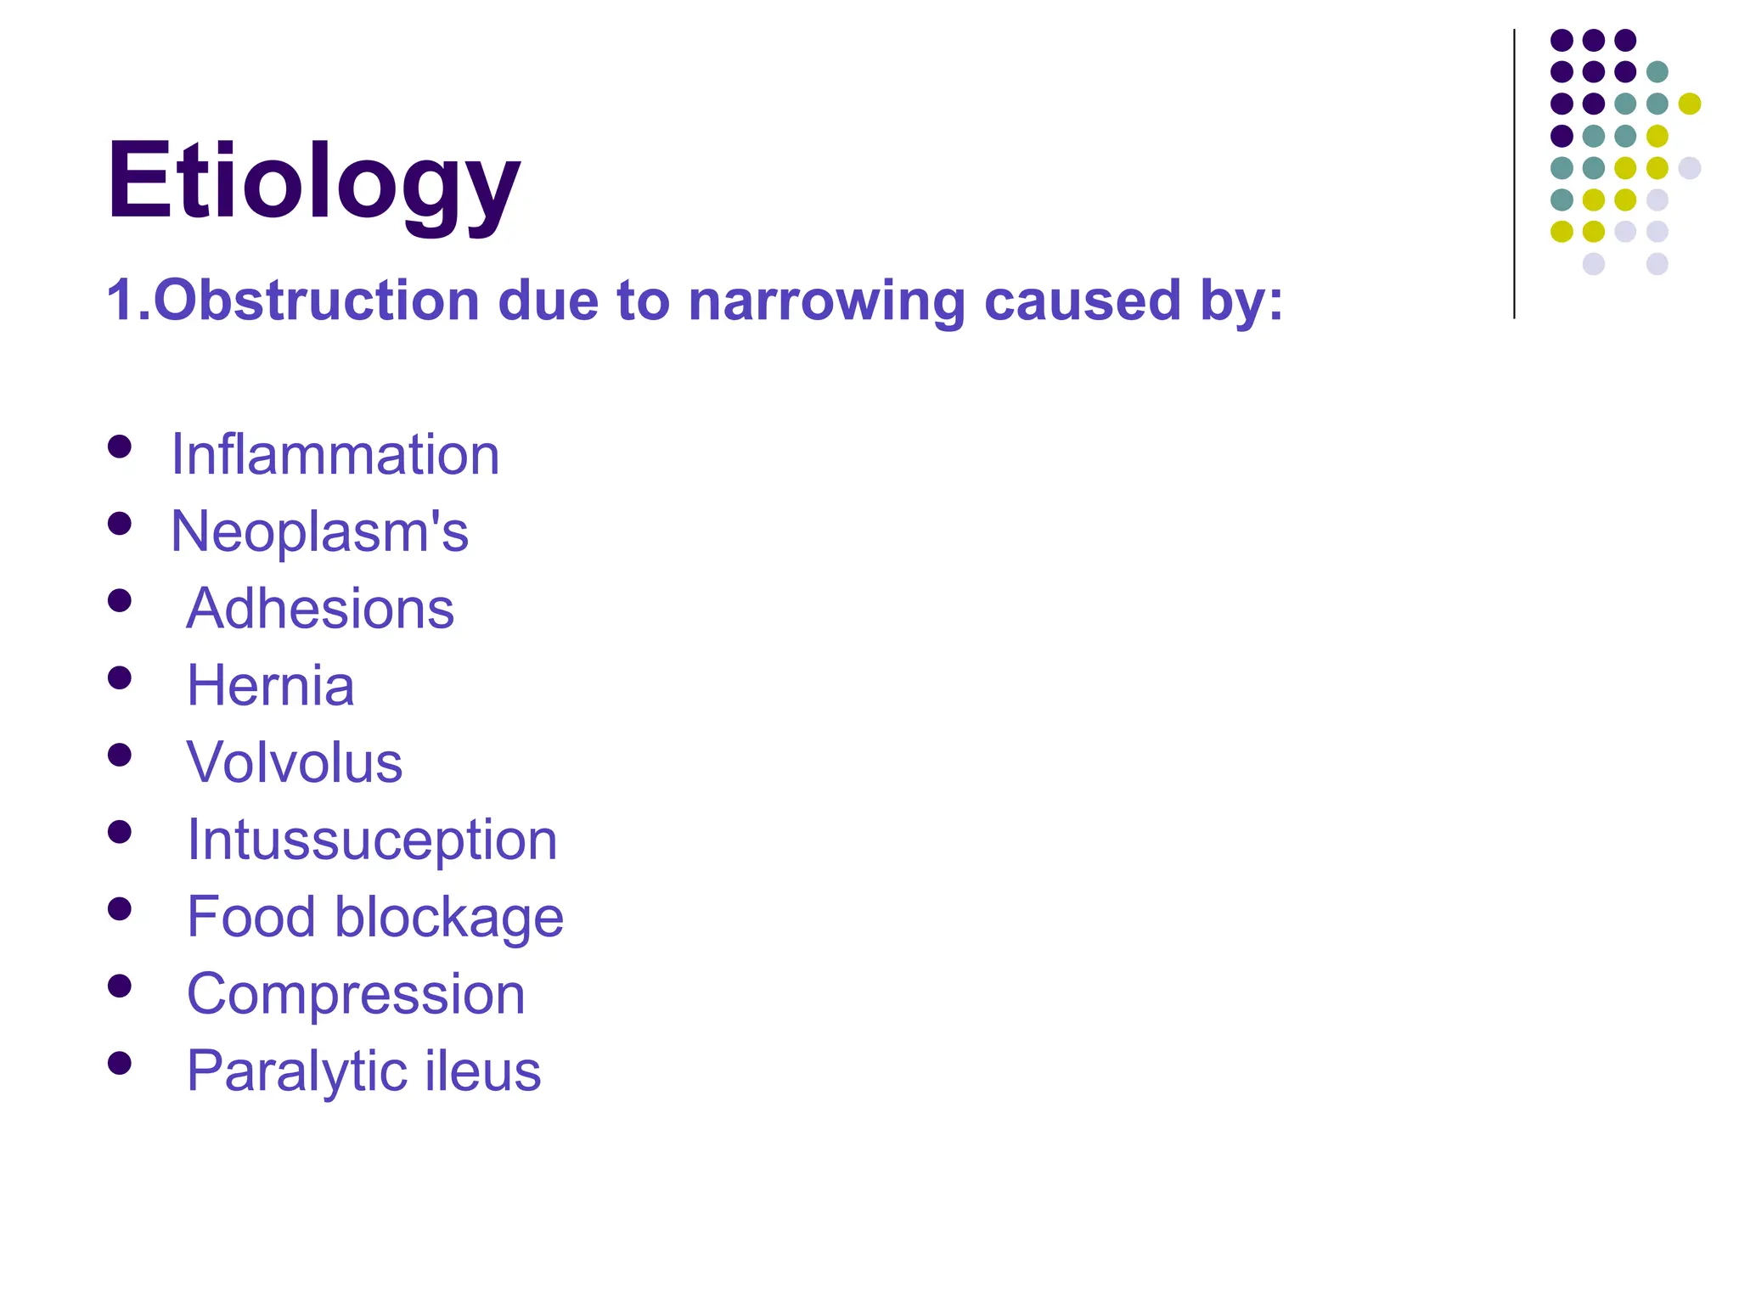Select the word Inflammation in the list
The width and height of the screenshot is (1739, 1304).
335,455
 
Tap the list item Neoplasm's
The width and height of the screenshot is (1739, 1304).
319,532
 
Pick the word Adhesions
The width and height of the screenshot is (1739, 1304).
320,609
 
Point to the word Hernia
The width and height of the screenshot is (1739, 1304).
270,686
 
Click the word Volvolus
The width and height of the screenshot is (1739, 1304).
294,762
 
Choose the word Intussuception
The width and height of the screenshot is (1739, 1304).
372,840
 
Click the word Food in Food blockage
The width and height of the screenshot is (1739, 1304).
251,917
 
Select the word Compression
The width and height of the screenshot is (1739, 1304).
356,994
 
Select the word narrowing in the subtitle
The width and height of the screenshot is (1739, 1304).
827,302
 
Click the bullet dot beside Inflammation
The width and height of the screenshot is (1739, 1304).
120,447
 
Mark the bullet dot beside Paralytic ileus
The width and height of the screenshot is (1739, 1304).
120,1063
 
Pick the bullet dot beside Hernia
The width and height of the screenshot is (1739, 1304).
120,677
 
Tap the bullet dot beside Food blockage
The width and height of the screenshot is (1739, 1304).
120,909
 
